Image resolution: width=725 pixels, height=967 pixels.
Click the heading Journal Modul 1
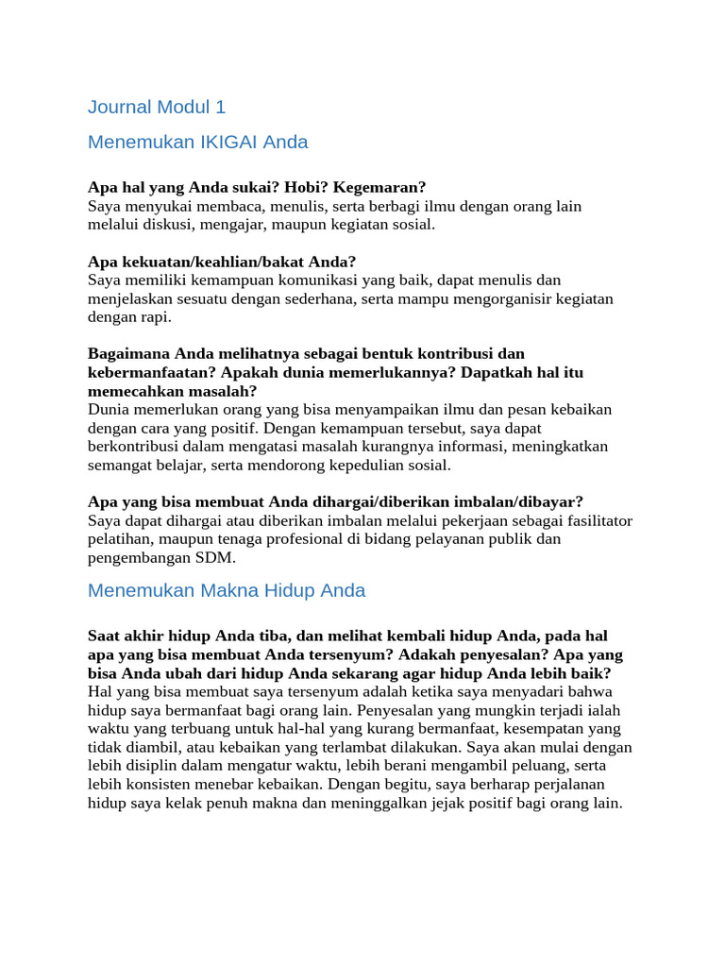point(157,107)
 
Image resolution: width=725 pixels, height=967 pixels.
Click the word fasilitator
point(595,521)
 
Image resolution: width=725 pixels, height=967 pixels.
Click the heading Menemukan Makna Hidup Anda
point(227,591)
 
